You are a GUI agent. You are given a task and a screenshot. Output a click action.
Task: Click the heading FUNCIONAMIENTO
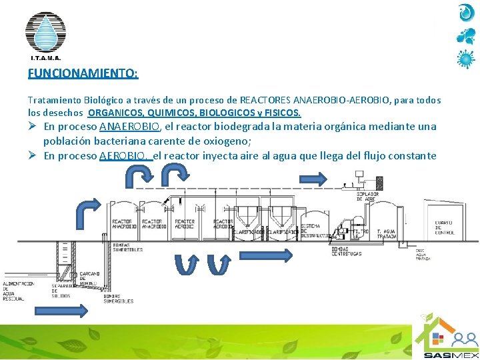pyautogui.click(x=83, y=73)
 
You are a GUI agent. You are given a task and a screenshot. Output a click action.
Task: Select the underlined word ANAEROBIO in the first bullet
pyautogui.click(x=129, y=127)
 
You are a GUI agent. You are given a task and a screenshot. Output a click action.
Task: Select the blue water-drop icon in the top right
pyautogui.click(x=465, y=13)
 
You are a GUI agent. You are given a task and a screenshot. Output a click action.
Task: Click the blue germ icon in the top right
pyautogui.click(x=465, y=59)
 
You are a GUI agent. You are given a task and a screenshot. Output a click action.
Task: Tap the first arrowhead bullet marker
pyautogui.click(x=33, y=127)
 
